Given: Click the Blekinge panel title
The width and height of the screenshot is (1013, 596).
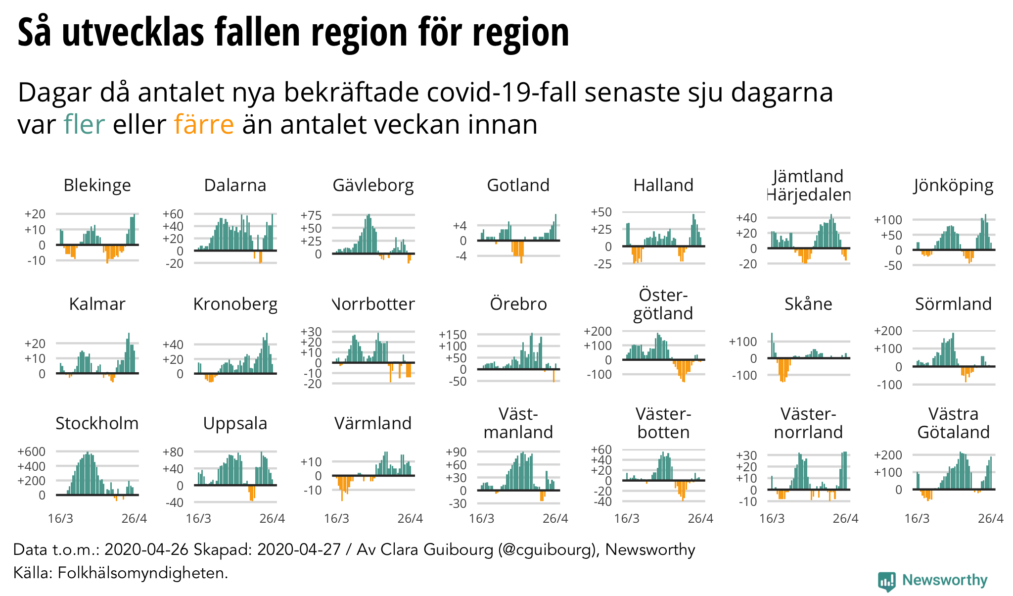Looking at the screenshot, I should tap(97, 185).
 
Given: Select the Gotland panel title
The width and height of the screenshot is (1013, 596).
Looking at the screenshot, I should tap(518, 185).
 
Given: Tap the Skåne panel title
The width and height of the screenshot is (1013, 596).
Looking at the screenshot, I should tap(808, 304).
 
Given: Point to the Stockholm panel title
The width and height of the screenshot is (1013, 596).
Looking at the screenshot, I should tap(97, 423).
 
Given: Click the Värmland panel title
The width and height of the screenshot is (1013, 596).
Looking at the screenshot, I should tap(373, 423).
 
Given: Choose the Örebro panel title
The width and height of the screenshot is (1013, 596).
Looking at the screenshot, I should tap(518, 304).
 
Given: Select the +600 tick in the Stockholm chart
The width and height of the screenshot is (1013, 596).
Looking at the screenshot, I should tap(32, 451).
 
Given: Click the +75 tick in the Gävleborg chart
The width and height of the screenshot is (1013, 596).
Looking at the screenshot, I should tap(311, 215).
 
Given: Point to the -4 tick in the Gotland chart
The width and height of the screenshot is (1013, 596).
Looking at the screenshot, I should tap(460, 256).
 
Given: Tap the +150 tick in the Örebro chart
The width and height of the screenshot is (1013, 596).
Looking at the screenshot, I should tap(453, 335).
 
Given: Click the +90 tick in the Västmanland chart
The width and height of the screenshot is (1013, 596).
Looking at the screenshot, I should tap(456, 452).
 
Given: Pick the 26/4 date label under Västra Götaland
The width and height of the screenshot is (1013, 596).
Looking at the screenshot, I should tap(991, 518).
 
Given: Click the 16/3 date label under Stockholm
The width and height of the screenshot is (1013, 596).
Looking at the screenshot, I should tap(60, 518).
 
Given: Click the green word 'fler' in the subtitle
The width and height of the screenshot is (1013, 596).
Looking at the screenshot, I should tap(84, 124).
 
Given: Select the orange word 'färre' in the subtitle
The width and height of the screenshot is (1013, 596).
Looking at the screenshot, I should tap(204, 124).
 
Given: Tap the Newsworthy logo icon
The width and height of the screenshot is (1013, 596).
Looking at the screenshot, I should tap(887, 581).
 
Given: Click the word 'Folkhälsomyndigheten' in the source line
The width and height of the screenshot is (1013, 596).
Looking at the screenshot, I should tap(142, 573).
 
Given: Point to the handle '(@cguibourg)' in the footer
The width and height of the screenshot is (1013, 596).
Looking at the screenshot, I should tap(549, 549).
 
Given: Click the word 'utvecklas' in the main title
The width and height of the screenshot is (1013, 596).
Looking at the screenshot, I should tap(133, 32).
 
